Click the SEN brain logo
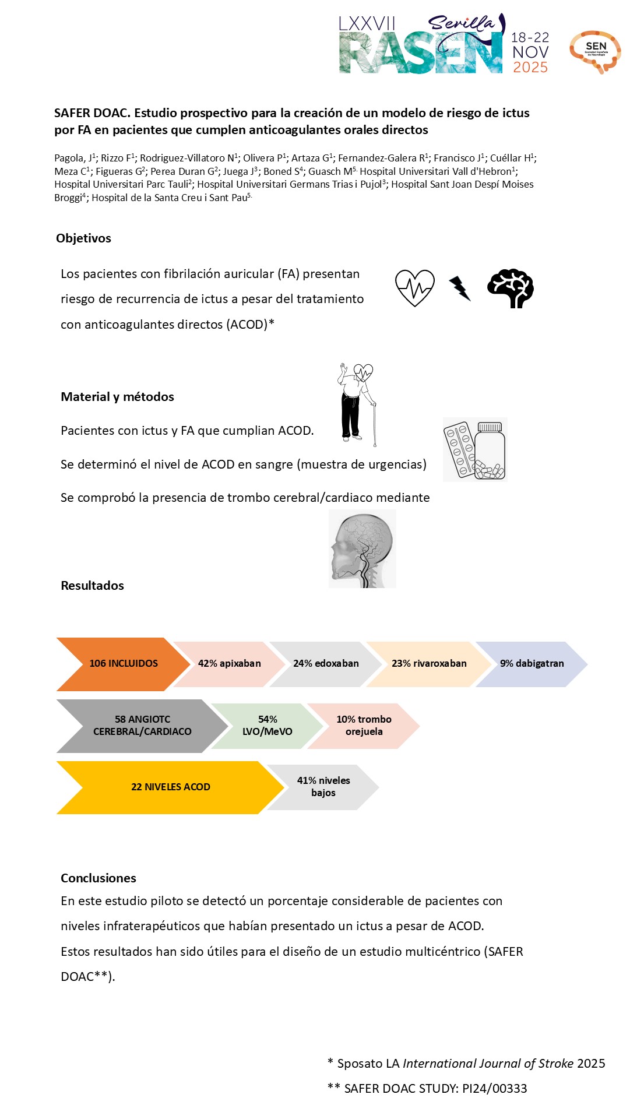(x=595, y=51)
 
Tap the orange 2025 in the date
(x=530, y=68)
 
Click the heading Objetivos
(x=83, y=238)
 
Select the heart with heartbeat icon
(x=414, y=287)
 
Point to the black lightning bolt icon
(x=460, y=288)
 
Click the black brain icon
(x=511, y=288)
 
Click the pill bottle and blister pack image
(x=475, y=449)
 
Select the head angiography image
(x=362, y=548)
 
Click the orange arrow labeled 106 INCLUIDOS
(x=123, y=664)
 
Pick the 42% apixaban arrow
(x=229, y=664)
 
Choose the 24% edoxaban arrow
(x=326, y=664)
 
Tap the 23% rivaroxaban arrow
(x=429, y=664)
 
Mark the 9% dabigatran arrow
(x=532, y=664)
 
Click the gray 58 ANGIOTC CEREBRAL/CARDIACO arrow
(x=142, y=726)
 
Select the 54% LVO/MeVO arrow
(x=268, y=726)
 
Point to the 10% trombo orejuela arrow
(x=364, y=726)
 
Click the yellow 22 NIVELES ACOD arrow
(x=170, y=787)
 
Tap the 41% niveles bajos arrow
(x=323, y=787)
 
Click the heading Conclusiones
(x=98, y=878)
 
